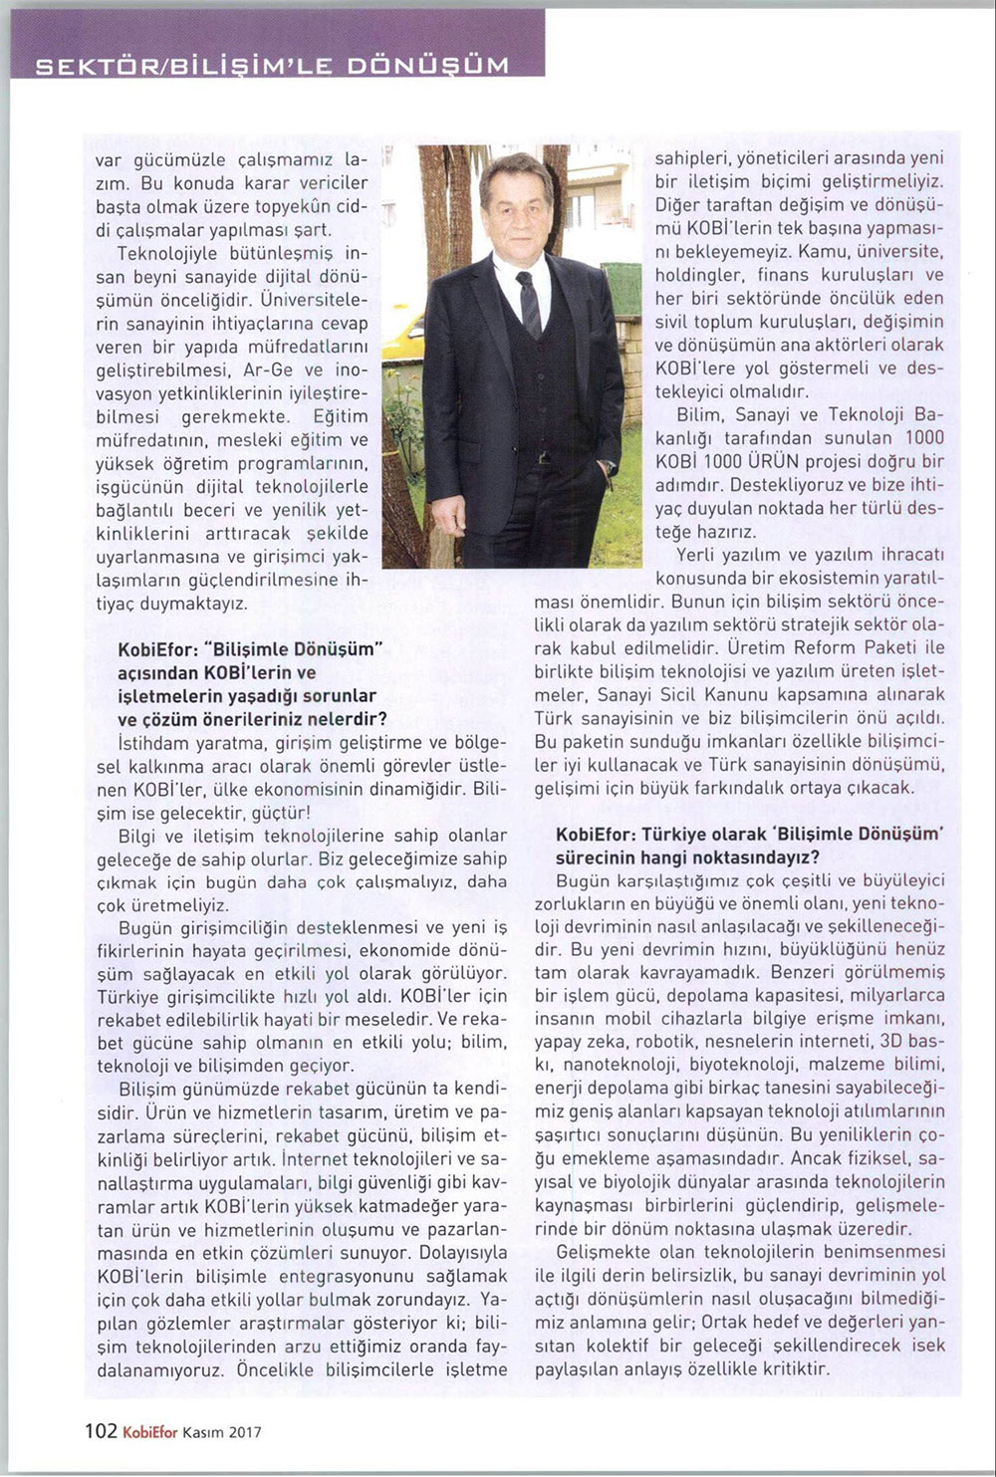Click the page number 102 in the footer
tap(101, 1431)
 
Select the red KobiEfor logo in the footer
tap(150, 1432)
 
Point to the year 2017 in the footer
tap(245, 1432)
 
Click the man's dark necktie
tap(529, 303)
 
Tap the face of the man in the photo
tap(517, 210)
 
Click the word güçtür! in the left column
tap(280, 812)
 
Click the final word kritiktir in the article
tap(793, 1368)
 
